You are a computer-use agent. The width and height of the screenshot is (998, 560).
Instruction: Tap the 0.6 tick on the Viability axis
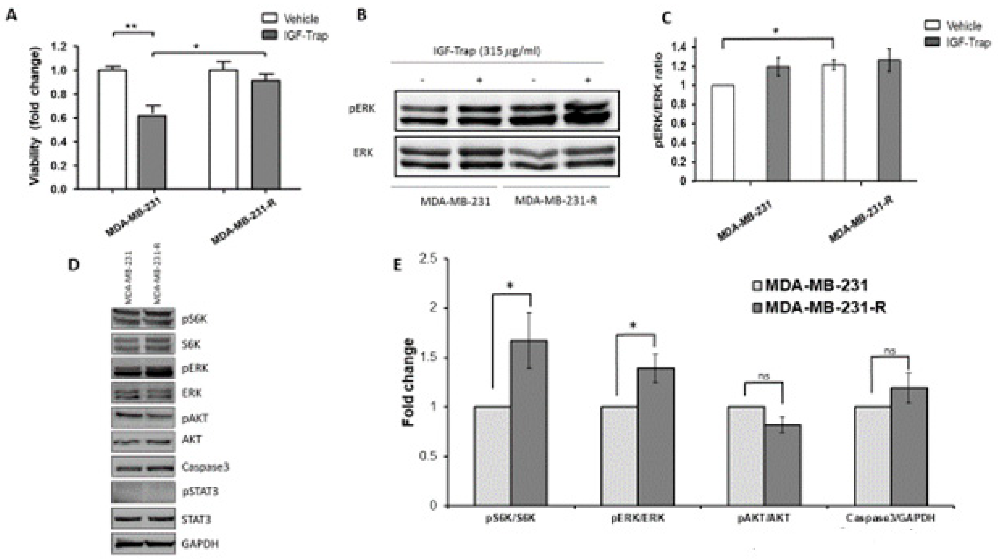pos(60,118)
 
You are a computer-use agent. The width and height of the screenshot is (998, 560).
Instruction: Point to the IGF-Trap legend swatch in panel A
pos(269,35)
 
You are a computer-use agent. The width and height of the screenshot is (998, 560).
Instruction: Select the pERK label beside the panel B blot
pos(362,109)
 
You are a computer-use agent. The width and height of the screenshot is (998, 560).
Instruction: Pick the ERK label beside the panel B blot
pos(363,153)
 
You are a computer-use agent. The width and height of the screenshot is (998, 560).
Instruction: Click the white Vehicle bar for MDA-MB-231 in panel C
pos(723,133)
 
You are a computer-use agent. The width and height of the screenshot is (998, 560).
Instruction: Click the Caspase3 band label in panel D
pos(205,467)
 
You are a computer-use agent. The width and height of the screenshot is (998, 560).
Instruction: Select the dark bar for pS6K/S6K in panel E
pos(528,423)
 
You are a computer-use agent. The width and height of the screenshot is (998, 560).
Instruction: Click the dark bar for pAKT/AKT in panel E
pos(782,465)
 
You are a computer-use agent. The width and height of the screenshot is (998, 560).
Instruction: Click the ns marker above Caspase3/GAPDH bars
pos(890,351)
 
